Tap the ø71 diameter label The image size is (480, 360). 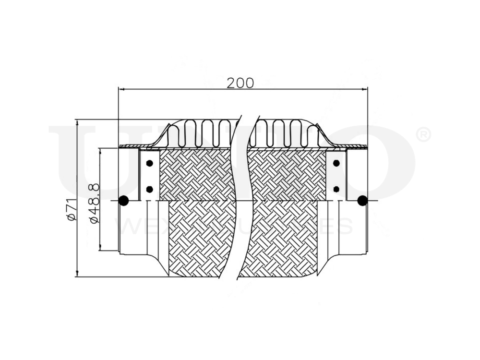click(x=71, y=210)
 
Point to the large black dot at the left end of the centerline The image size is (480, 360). click(x=123, y=201)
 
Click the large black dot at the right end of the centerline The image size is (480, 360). click(x=362, y=201)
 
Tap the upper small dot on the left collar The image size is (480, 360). click(x=149, y=163)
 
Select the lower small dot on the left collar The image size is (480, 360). click(x=149, y=189)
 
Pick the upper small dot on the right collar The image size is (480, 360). click(x=336, y=163)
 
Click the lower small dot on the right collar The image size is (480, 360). click(x=336, y=189)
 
